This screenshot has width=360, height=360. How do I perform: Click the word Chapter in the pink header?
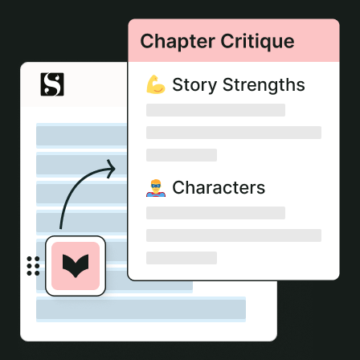click(178, 42)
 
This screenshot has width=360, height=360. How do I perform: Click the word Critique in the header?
click(257, 42)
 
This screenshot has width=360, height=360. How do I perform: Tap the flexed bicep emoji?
click(156, 84)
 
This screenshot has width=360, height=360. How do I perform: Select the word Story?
click(194, 85)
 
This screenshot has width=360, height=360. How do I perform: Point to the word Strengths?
click(264, 85)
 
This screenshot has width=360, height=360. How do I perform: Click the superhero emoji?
click(156, 188)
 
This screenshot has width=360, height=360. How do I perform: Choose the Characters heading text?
click(219, 187)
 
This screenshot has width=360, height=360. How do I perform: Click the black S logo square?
click(52, 84)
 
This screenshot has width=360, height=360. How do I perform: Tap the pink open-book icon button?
click(76, 266)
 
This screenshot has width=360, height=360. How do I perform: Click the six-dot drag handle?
click(33, 266)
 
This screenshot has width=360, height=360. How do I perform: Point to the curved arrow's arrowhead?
click(112, 169)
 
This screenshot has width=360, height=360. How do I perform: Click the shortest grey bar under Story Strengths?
click(182, 155)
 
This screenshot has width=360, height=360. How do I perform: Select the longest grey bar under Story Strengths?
click(234, 133)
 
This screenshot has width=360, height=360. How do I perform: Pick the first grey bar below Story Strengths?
click(215, 110)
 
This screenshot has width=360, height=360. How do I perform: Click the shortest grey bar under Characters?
click(182, 258)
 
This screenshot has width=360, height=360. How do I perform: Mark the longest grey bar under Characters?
click(234, 235)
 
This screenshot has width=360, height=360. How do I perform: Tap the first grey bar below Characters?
click(215, 213)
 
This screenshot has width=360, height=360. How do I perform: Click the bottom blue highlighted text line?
click(141, 309)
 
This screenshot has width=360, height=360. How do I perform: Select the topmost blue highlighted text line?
click(82, 136)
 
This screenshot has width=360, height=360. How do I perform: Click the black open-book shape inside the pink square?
click(76, 266)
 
